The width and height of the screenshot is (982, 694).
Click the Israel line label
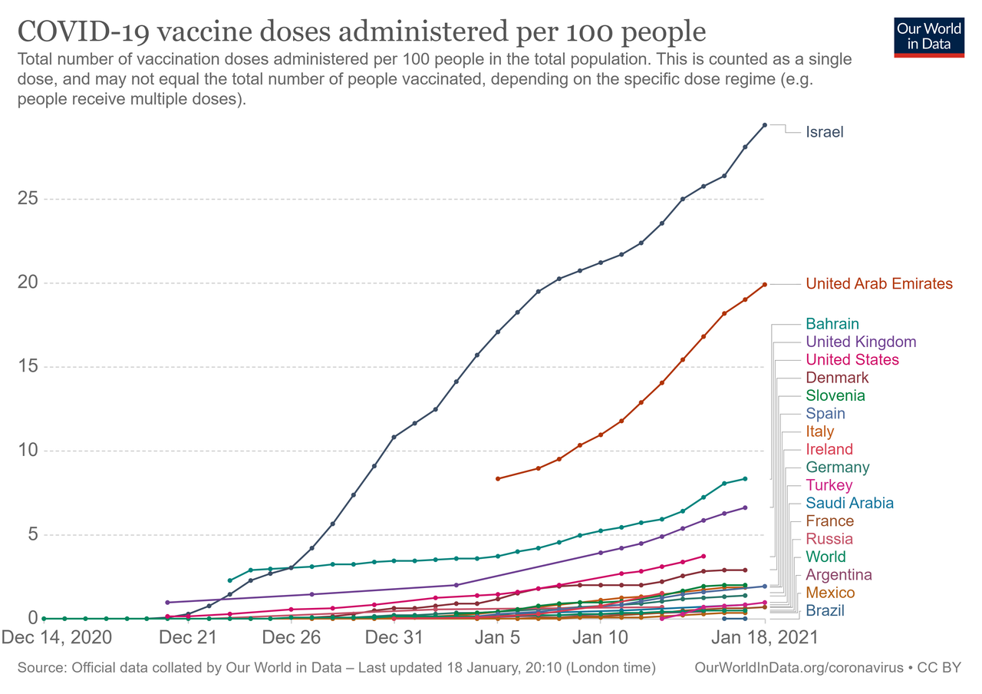click(824, 132)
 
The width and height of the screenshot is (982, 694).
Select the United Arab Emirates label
click(878, 284)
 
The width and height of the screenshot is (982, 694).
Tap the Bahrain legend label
click(832, 324)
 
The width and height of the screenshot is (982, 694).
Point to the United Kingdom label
click(861, 342)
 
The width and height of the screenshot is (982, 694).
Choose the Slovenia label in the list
click(835, 395)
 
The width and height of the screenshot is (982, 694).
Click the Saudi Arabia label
click(849, 504)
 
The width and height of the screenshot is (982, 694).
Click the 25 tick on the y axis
click(28, 199)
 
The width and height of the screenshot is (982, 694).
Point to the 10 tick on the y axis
click(28, 451)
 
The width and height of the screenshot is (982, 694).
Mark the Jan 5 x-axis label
click(498, 637)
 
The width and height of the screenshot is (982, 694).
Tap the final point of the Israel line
click(765, 125)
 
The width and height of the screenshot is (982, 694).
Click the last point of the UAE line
click(765, 285)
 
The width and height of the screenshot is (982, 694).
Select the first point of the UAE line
click(498, 479)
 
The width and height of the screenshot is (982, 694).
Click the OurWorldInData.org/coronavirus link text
click(799, 668)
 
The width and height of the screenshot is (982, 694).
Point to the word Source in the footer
click(41, 668)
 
